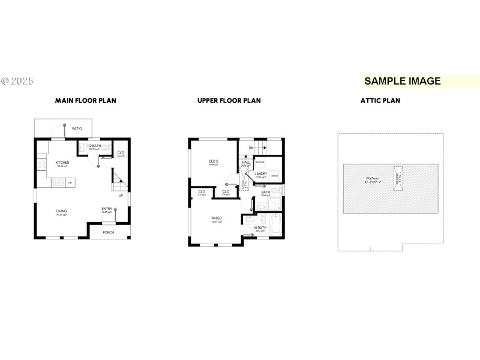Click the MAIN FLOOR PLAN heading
pos(86,101)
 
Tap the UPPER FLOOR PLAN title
pos(229,101)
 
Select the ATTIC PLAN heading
pos(380,101)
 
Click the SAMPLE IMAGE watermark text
pos(403,81)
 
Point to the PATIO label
pos(77,129)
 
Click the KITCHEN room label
pos(62,163)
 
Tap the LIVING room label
pos(61,211)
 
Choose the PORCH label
pos(109,232)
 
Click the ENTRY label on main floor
pos(107,209)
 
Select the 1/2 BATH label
pos(93,146)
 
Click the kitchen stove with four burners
pos(41,163)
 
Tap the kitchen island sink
pos(59,182)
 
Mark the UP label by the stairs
pos(121,195)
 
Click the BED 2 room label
pos(214,161)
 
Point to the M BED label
pos(216,217)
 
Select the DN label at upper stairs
pos(251,147)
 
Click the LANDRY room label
pos(260,173)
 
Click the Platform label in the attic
pos(373,178)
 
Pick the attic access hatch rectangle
pos(397,178)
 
